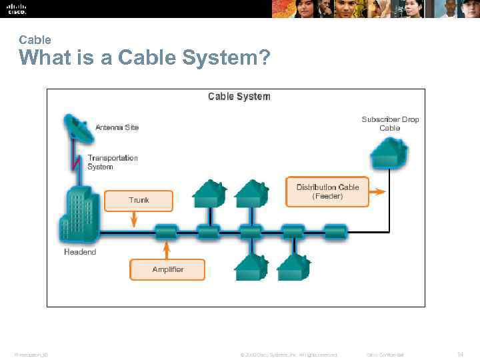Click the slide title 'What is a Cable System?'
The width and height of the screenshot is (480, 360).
coord(145,59)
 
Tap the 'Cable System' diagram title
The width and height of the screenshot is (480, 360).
coord(239,97)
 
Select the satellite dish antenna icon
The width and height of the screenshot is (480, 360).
coord(78,129)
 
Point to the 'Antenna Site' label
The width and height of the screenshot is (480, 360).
coord(117,127)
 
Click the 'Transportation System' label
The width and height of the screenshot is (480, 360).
coord(113,162)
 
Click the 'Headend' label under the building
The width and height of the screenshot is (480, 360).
coord(80,252)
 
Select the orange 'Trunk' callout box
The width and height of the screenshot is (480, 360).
coord(139,200)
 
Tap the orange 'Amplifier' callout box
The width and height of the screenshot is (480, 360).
coord(167,269)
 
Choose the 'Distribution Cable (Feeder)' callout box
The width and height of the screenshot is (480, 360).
coord(327,191)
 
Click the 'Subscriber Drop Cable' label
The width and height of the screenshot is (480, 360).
coord(390,123)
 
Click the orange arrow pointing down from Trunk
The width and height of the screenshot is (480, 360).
coord(134,218)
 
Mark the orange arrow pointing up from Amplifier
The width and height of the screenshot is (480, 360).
coord(166,250)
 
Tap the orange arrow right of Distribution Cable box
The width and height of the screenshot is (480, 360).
coord(377,191)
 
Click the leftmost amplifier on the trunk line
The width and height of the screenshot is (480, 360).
coord(165,232)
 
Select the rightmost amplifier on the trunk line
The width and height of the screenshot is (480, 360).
coord(335,232)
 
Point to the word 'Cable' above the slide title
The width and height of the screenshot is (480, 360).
coord(35,40)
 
